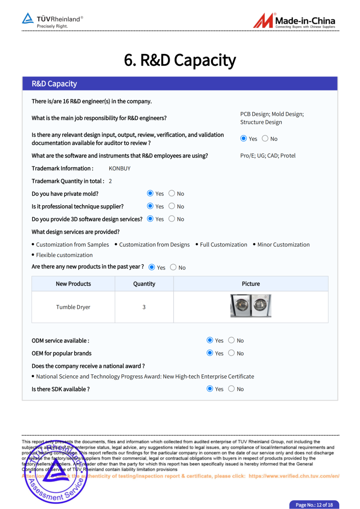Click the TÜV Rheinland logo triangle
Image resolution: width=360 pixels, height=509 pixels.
(x=28, y=19)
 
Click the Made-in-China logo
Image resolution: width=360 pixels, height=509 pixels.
(x=294, y=21)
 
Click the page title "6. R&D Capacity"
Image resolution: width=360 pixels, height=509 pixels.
(x=180, y=60)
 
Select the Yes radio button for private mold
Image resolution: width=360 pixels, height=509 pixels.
(x=150, y=194)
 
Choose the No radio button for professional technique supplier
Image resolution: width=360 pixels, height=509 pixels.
(x=172, y=207)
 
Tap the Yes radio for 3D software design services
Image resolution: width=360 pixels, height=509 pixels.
(x=150, y=219)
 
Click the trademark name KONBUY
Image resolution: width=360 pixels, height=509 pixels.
(x=120, y=168)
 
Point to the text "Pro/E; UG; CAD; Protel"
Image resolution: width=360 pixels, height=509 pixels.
(x=268, y=156)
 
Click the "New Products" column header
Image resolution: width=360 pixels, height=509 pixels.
(x=73, y=284)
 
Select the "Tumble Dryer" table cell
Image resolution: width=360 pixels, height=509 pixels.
(x=73, y=307)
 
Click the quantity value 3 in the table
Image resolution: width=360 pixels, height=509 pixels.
(x=144, y=307)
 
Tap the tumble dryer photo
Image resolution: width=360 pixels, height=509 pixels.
(x=251, y=306)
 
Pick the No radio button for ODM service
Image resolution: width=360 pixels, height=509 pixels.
(x=231, y=340)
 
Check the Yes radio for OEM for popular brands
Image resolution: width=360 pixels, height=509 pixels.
(x=210, y=353)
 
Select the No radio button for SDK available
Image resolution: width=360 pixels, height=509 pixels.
(x=231, y=389)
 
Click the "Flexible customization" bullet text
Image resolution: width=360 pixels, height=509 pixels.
(x=64, y=255)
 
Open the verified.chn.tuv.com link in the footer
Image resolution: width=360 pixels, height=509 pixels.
(x=294, y=476)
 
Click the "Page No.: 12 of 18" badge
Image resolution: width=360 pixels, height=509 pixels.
(x=314, y=505)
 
